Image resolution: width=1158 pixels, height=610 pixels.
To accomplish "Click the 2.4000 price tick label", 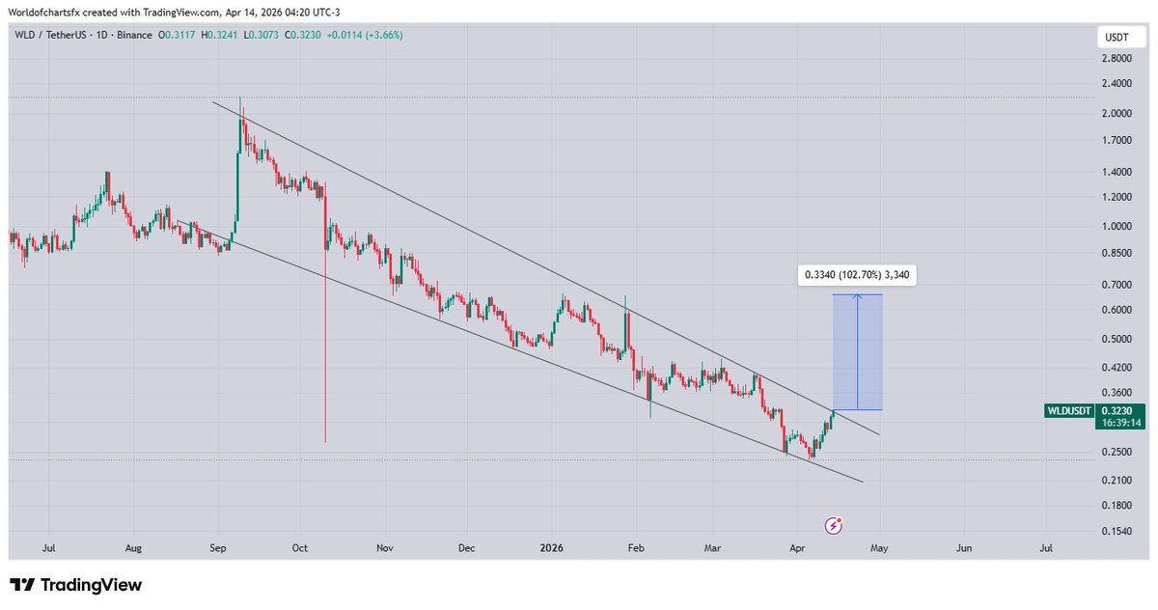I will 1119,83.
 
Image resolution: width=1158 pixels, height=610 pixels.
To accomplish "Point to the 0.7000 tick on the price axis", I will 1119,285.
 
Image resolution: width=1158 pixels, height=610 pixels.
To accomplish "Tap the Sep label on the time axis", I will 218,548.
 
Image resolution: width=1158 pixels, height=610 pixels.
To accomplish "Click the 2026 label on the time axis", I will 552,548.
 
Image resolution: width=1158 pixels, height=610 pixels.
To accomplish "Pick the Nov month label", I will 385,548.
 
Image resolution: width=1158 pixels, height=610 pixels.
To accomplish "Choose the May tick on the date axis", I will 879,548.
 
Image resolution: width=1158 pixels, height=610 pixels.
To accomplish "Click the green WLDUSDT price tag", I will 1069,410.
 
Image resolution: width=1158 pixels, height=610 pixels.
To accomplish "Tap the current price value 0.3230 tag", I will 1118,410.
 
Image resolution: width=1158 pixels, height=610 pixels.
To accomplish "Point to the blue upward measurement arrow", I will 857,351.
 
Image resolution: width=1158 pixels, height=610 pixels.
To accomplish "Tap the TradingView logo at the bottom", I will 76,585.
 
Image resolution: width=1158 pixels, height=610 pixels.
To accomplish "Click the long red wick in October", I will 325,347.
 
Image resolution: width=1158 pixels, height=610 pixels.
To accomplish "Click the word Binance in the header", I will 132,35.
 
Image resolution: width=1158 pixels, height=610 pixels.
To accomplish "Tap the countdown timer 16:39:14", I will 1118,423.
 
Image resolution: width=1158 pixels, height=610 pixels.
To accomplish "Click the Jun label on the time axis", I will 962,548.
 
